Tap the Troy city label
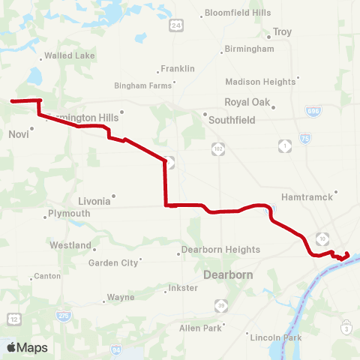(282, 32)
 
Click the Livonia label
(94, 201)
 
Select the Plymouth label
(69, 214)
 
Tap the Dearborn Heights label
(222, 250)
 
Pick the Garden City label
(113, 263)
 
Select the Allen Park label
(200, 328)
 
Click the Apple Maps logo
(27, 347)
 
